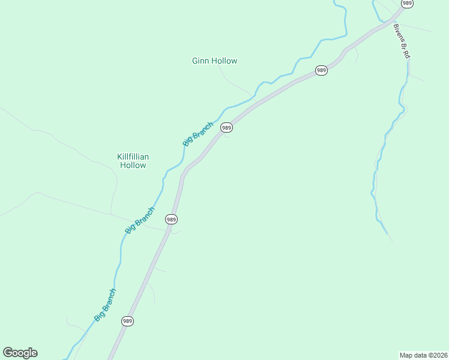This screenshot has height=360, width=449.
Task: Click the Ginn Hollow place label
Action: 214,61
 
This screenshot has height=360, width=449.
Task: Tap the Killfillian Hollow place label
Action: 133,161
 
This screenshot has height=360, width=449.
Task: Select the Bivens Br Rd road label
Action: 401,41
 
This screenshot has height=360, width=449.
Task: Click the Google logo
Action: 20,353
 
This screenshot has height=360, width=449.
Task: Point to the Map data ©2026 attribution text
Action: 423,355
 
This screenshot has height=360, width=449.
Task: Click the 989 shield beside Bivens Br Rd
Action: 408,4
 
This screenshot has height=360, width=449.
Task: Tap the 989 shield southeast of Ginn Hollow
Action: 321,70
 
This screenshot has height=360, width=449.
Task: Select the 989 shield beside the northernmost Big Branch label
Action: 226,127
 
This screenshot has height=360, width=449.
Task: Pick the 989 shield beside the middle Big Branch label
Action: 172,219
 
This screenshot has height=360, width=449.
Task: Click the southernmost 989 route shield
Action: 127,321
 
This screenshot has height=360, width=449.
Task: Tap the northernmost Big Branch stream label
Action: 198,134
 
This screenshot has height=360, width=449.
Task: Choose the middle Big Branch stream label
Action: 140,220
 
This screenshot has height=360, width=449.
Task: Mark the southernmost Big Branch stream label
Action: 105,304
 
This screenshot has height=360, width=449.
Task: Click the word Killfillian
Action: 133,157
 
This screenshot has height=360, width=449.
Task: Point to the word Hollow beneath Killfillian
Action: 133,165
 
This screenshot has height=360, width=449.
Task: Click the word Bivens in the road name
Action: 398,33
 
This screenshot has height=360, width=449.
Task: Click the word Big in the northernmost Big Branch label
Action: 187,142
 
